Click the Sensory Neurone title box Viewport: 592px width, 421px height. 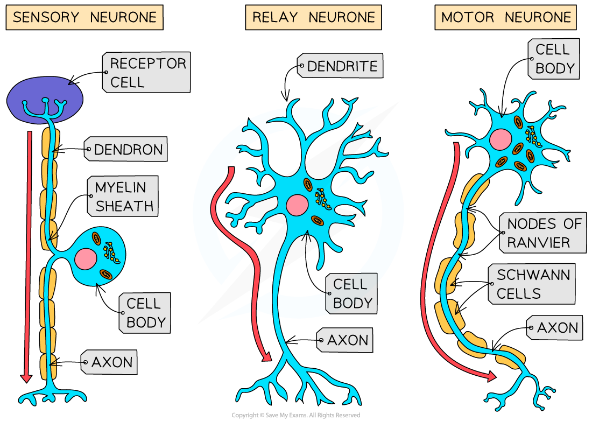(x=84, y=17)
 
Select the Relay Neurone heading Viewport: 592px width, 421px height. (x=313, y=17)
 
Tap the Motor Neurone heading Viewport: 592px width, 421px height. (x=505, y=17)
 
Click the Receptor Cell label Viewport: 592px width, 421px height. (x=146, y=73)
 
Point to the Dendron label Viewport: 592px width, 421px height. (x=126, y=150)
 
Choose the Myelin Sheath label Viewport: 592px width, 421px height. (x=124, y=197)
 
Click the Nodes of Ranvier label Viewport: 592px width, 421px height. (x=544, y=233)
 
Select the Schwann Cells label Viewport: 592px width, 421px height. (x=532, y=284)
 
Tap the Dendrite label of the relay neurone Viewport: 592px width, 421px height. (x=341, y=66)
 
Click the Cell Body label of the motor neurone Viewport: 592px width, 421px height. (x=554, y=59)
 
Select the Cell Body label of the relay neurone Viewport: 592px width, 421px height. (x=351, y=293)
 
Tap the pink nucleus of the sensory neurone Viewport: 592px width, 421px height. (x=86, y=259)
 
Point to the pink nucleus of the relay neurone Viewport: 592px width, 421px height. (x=297, y=205)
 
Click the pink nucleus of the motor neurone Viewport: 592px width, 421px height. (x=501, y=139)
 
